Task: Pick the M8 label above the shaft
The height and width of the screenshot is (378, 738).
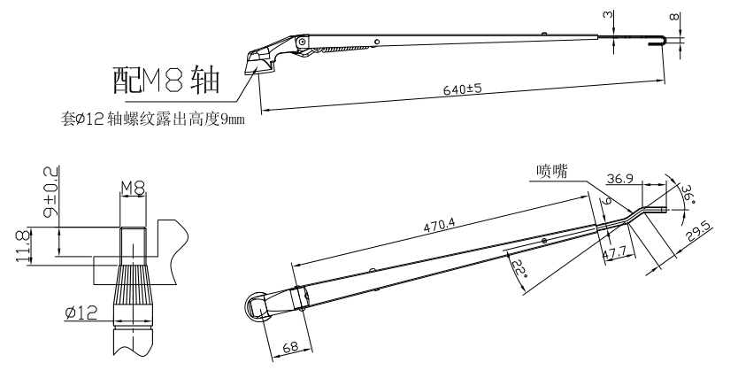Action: tap(132, 187)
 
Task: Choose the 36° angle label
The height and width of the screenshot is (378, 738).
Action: tap(688, 192)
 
